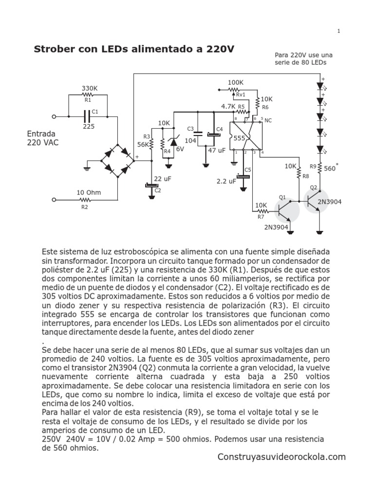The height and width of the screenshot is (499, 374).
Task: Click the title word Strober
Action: [x=53, y=49]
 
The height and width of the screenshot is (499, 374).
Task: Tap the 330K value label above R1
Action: [x=89, y=88]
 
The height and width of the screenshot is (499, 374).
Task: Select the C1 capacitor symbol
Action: [x=88, y=116]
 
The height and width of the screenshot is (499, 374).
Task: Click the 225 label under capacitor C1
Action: [x=88, y=126]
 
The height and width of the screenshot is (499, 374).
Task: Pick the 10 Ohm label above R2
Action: [x=89, y=192]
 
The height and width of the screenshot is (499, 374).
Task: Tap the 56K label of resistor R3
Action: [x=143, y=145]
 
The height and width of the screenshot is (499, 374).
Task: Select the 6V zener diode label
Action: [x=180, y=149]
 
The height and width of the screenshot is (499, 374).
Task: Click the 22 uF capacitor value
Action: [x=162, y=179]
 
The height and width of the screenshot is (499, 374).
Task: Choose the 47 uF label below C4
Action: [x=217, y=150]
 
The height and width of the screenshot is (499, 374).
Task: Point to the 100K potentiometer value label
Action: [x=236, y=82]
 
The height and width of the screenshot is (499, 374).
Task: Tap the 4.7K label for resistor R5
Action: [x=228, y=106]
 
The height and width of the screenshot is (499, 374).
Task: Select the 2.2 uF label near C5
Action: [x=226, y=181]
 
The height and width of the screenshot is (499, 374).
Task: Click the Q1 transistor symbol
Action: [x=288, y=211]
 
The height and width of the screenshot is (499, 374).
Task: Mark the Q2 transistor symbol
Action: [x=315, y=199]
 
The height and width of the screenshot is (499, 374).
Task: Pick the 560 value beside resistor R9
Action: [x=330, y=169]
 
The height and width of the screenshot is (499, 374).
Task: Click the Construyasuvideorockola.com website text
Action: [x=281, y=457]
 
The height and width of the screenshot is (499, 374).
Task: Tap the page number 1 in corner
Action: [x=338, y=31]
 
